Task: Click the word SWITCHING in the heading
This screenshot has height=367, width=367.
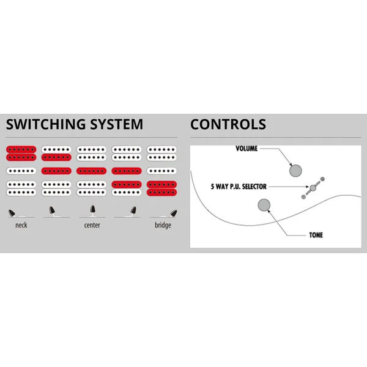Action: click(46, 124)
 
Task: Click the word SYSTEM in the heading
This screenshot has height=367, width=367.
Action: click(116, 124)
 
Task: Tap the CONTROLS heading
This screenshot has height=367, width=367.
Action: click(228, 124)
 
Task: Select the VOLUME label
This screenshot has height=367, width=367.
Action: click(247, 149)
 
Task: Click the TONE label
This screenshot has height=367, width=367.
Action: click(316, 235)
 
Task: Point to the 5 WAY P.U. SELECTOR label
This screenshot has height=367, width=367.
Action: click(239, 187)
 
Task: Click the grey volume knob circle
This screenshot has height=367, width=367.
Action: click(295, 171)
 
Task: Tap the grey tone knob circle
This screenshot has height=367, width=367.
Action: click(264, 205)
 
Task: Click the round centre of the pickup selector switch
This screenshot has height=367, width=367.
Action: click(313, 188)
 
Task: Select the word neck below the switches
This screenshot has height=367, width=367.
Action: click(21, 225)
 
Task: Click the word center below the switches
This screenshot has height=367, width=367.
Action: click(92, 225)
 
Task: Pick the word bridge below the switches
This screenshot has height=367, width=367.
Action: click(163, 225)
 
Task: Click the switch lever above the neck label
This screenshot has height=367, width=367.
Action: click(12, 213)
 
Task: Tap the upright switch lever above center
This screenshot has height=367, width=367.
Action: click(93, 209)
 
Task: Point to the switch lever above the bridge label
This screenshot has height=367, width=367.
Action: click(174, 213)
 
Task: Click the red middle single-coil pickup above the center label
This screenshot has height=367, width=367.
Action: click(92, 171)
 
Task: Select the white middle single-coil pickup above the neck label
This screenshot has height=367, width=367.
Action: click(21, 171)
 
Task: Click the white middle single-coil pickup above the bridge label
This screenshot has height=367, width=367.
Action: click(161, 171)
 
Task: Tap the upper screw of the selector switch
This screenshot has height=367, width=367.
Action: click(322, 179)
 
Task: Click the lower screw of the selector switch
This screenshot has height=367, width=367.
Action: click(303, 197)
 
